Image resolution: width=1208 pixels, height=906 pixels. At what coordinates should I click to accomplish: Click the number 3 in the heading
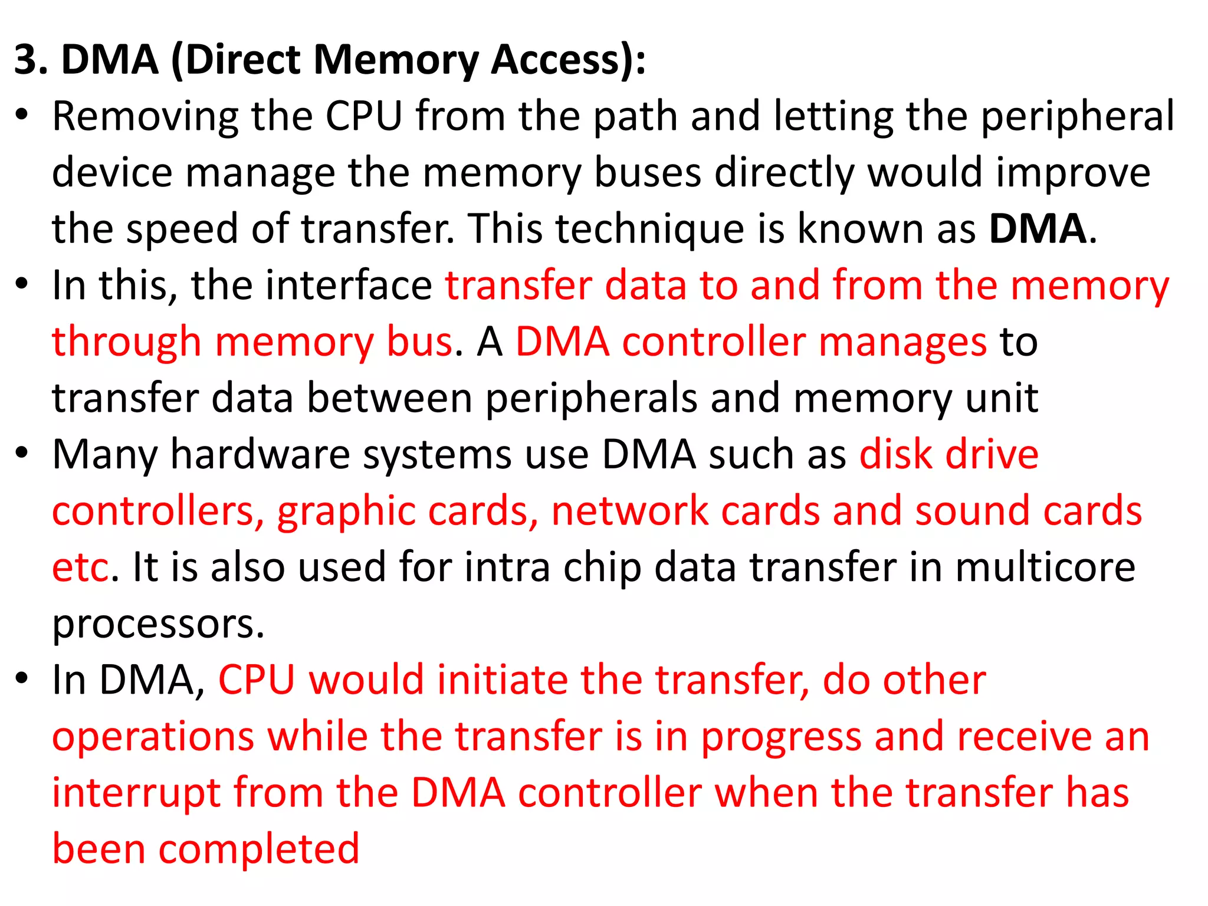tap(29, 60)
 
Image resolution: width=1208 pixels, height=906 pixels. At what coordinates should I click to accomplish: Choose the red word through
tap(126, 342)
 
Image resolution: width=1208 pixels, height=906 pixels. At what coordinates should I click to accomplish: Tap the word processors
tap(157, 624)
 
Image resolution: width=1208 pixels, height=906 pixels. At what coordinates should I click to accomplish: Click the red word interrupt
tap(136, 793)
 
